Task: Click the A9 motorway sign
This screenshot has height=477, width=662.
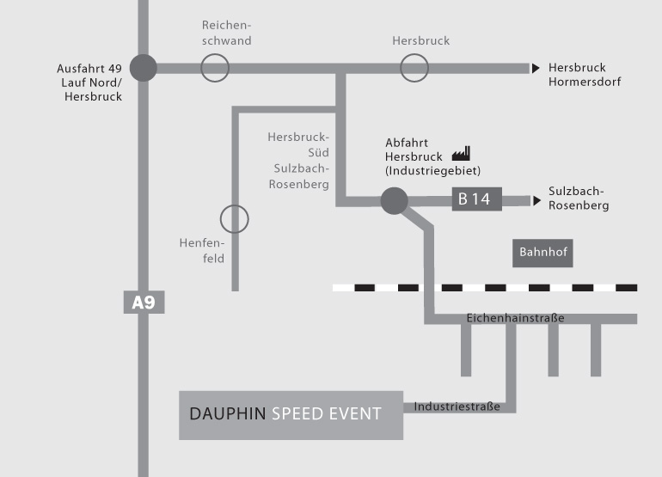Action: [x=144, y=302]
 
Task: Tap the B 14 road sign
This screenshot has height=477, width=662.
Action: [x=476, y=199]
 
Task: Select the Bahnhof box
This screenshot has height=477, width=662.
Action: [x=542, y=253]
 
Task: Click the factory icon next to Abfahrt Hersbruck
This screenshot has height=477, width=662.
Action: [x=461, y=154]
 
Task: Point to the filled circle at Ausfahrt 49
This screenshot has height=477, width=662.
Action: [x=144, y=68]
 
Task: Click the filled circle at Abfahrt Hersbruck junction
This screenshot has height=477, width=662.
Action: [x=395, y=201]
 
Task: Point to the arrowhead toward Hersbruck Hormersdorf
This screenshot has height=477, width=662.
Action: [x=536, y=68]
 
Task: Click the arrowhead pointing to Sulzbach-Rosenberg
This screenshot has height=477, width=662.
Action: [x=536, y=200]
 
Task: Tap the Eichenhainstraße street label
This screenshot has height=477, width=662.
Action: [x=515, y=318]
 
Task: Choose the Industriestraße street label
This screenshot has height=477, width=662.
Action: [x=457, y=407]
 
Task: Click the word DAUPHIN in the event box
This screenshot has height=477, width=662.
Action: [x=228, y=413]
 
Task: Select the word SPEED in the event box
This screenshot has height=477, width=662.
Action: [x=297, y=413]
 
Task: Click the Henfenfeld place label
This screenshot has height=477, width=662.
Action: [x=202, y=251]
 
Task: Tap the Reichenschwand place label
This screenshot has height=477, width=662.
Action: [x=227, y=33]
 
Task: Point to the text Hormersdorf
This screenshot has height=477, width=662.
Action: [x=585, y=82]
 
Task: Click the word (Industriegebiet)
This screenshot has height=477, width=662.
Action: [x=432, y=170]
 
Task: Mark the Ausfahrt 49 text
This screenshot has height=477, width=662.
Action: [x=89, y=69]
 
